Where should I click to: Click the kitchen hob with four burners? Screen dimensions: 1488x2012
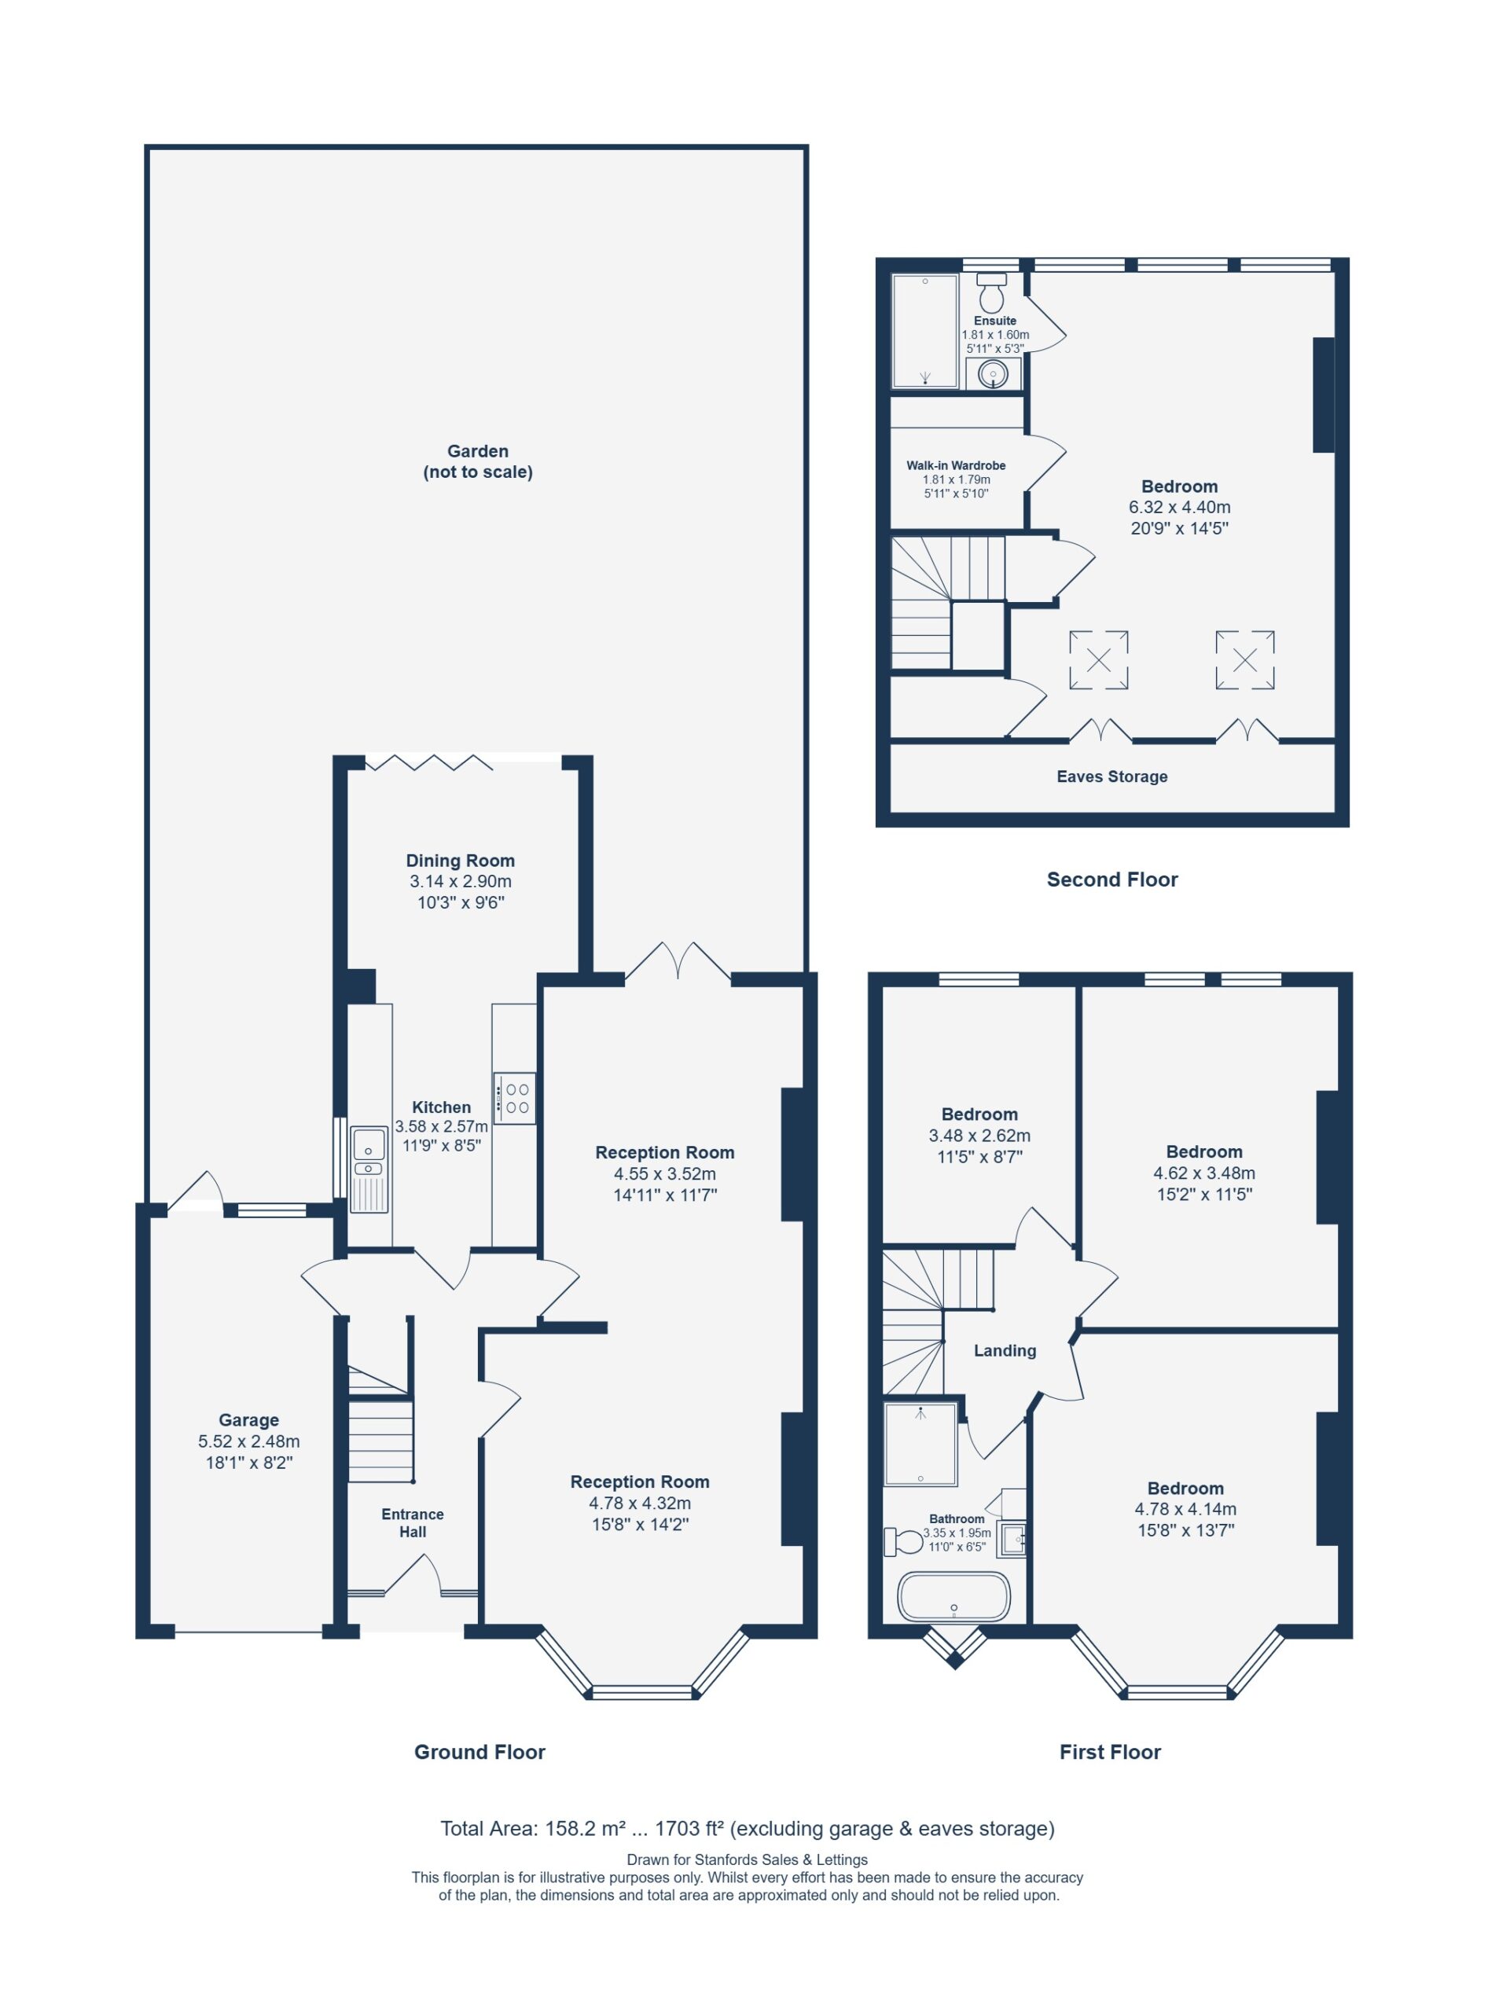514,1098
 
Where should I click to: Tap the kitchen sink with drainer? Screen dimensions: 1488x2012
369,1169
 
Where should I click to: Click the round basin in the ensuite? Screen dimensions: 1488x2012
994,374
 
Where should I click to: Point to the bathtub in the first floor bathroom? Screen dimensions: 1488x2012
953,1596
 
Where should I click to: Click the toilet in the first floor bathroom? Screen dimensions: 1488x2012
904,1542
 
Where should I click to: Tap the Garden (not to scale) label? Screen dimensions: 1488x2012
477,461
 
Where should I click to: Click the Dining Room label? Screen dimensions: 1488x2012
461,860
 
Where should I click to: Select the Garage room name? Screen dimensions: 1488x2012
248,1419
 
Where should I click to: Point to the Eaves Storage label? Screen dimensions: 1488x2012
1111,777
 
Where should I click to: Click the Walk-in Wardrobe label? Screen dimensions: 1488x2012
956,465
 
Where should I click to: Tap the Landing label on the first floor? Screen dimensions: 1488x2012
1005,1350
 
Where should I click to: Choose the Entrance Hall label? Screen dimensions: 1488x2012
413,1523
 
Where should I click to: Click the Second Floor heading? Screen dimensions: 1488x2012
1111,879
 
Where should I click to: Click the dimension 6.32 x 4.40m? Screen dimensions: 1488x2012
1179,507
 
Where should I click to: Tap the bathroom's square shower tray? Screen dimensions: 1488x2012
920,1443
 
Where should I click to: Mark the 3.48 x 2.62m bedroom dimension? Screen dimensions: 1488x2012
979,1136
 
